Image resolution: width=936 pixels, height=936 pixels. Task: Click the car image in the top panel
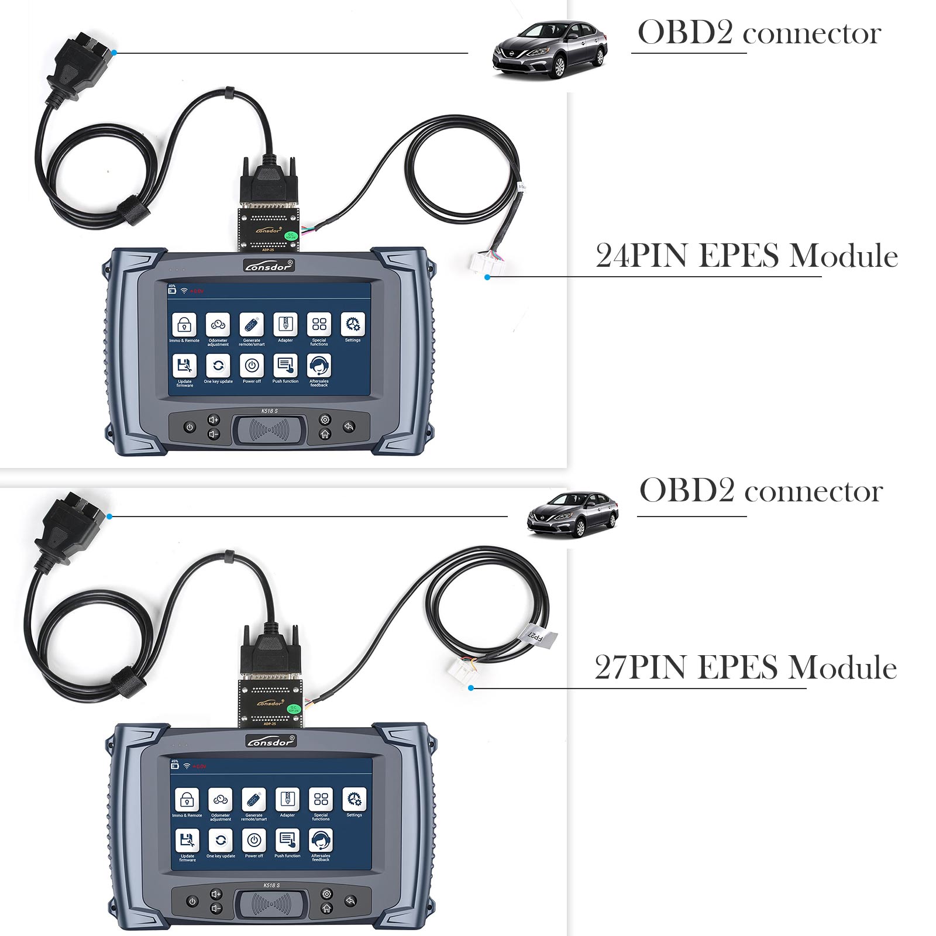click(549, 50)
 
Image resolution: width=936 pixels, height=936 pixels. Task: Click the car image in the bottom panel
click(572, 514)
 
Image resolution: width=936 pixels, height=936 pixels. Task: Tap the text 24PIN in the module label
click(641, 256)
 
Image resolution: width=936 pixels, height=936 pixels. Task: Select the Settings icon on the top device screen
click(352, 325)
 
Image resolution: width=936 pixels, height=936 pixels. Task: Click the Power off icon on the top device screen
click(252, 366)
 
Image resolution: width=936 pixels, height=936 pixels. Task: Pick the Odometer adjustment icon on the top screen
click(218, 325)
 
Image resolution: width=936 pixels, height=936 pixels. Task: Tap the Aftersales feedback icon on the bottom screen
click(321, 841)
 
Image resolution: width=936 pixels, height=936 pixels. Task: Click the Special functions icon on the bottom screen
click(321, 799)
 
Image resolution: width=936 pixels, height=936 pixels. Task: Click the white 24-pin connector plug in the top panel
click(485, 263)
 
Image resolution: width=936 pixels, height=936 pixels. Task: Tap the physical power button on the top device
click(190, 428)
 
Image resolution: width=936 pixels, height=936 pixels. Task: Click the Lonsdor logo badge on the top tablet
click(269, 265)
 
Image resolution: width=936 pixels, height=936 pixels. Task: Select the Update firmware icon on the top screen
click(184, 366)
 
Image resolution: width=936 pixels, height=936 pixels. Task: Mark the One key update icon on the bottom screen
click(221, 841)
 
